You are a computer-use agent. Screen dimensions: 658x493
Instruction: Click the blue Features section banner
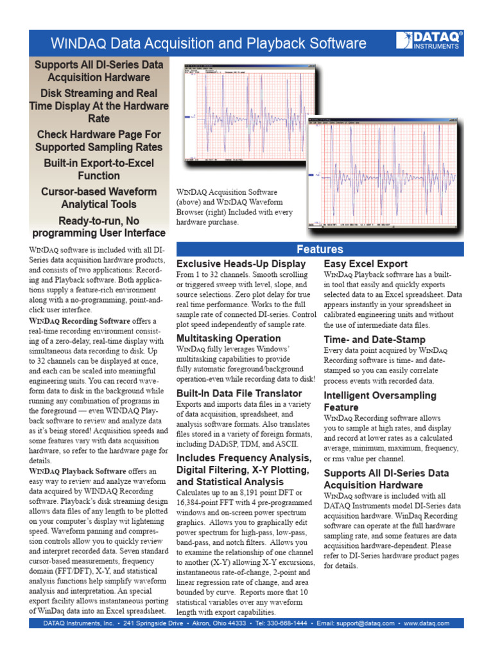click(x=319, y=249)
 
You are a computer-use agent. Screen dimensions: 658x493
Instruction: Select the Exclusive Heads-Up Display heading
click(x=241, y=264)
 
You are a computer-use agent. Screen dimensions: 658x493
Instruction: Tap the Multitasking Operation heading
click(x=229, y=338)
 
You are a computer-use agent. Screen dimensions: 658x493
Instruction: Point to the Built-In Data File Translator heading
click(x=239, y=393)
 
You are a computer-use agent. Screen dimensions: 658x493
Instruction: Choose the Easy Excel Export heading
click(x=365, y=264)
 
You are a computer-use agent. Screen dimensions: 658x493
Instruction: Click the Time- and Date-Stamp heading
click(x=374, y=339)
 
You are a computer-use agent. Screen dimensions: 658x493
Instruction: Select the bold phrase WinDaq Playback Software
click(x=78, y=471)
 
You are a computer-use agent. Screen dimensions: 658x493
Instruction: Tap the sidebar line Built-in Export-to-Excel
click(x=99, y=163)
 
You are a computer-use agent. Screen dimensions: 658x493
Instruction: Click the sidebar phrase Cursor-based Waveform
click(x=99, y=191)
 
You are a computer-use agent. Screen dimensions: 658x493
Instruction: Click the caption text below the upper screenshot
click(x=235, y=207)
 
